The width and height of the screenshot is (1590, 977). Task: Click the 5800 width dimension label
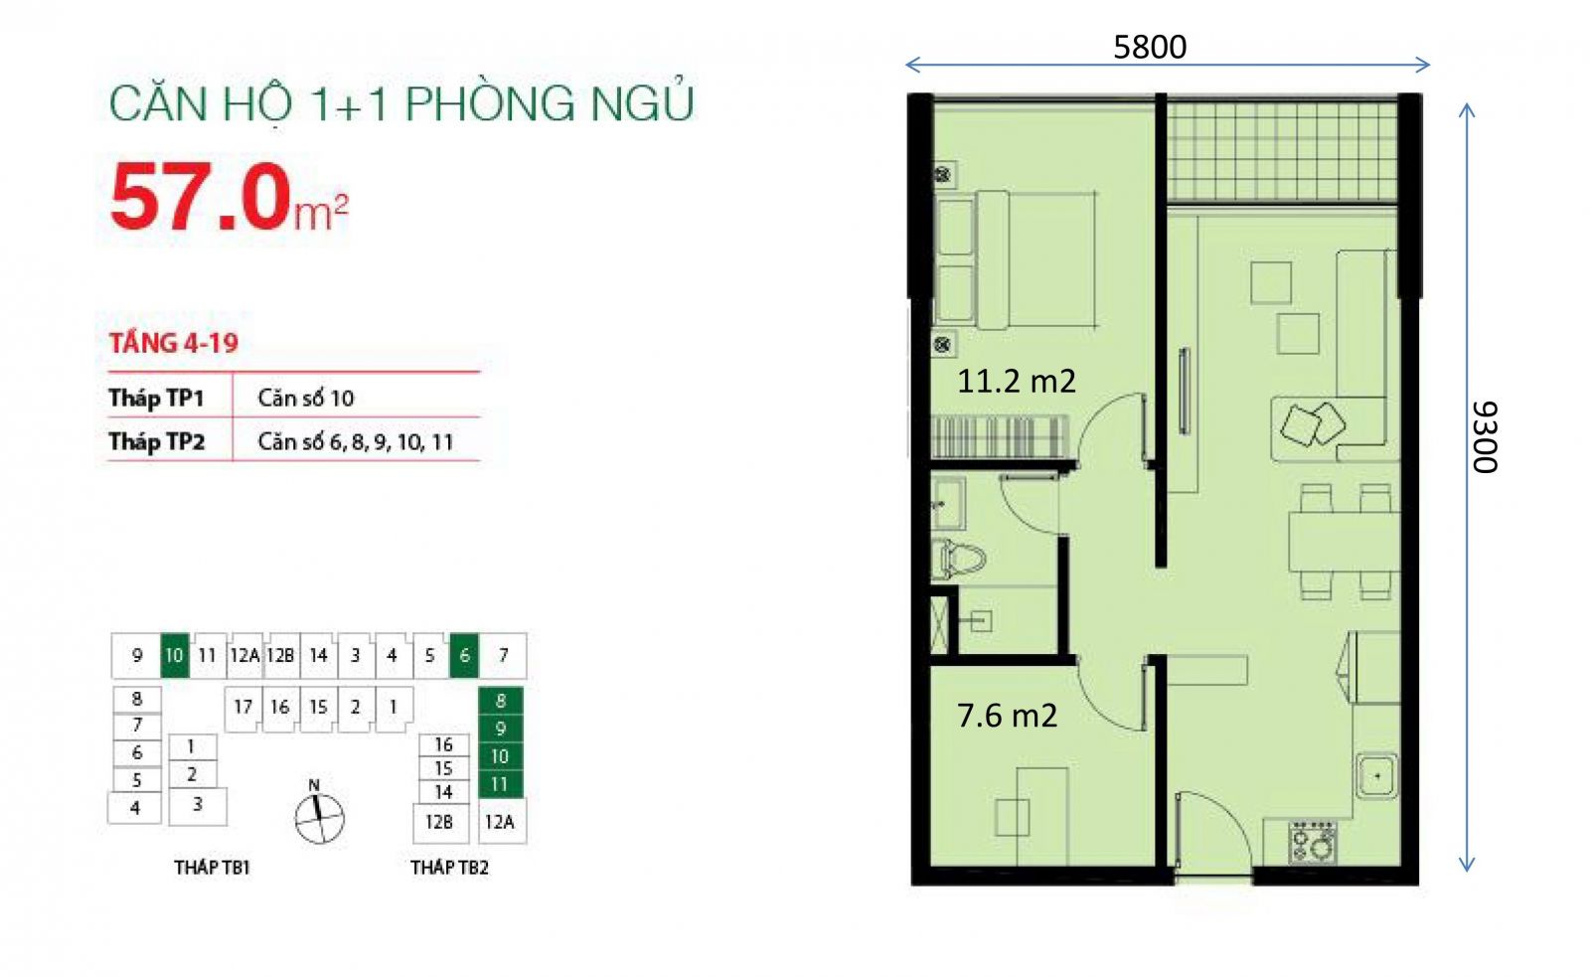coord(1149,47)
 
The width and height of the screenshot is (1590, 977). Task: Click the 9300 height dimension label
coord(1485,437)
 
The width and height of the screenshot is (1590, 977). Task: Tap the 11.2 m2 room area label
coord(1016,382)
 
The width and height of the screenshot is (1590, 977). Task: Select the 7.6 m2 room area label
coord(1007,715)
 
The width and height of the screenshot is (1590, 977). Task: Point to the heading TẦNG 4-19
coord(173,343)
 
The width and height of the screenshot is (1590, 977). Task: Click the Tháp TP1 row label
coord(156,398)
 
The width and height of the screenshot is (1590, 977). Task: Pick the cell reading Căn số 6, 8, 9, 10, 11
coord(355,441)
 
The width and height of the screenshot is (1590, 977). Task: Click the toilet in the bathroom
coord(958,559)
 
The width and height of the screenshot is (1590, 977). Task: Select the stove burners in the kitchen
coord(1313,842)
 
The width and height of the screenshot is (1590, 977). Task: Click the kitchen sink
coord(1377,775)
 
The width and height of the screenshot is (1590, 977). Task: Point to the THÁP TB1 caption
coord(212,867)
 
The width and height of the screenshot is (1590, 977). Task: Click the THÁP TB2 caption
coord(449,867)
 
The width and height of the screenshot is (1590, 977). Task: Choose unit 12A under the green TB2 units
coord(500,822)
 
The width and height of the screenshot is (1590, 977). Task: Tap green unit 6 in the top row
coord(464,655)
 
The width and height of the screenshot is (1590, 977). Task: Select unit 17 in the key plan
coord(242,708)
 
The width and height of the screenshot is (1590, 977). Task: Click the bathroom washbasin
coord(948,504)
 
